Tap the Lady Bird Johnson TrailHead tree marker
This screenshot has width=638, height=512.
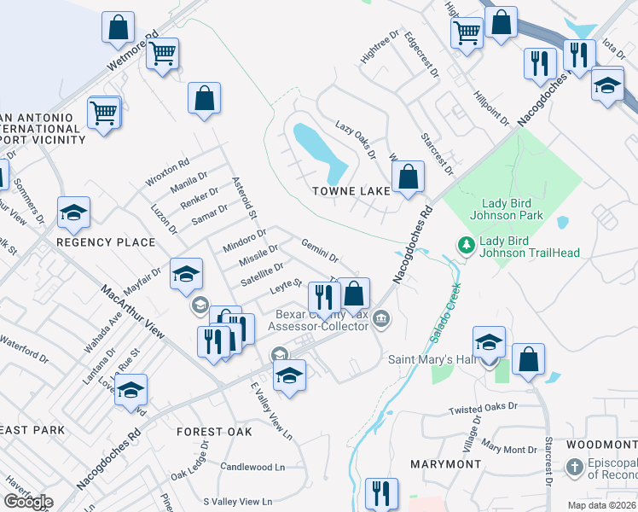(466, 246)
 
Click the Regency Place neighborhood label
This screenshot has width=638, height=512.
(106, 242)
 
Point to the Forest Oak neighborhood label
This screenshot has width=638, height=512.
(214, 432)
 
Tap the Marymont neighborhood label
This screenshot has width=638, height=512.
(445, 463)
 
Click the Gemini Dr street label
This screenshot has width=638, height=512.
(320, 250)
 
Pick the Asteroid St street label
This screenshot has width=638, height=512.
(244, 196)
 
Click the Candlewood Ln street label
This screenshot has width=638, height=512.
(252, 467)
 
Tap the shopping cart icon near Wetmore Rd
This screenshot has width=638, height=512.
(162, 54)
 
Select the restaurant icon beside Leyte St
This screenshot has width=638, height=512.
(322, 295)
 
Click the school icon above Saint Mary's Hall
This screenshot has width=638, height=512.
(489, 341)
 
